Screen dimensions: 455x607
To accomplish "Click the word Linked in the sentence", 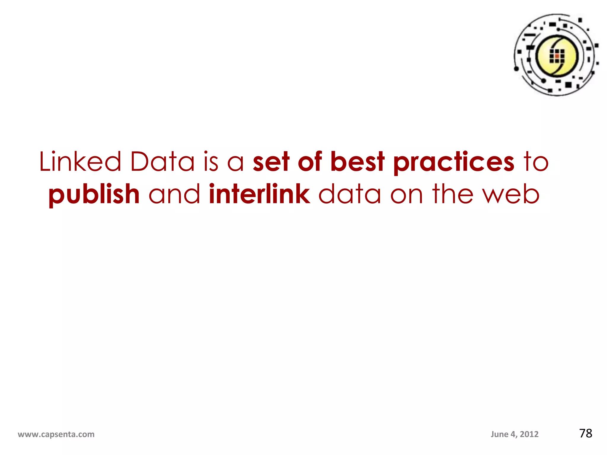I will pyautogui.click(x=80, y=162).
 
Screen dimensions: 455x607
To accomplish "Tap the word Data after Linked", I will pyautogui.click(x=162, y=162).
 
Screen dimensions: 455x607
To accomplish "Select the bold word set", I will pyautogui.click(x=271, y=162).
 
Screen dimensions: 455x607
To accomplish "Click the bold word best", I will pyautogui.click(x=357, y=162).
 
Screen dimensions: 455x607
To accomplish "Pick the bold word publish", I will pyautogui.click(x=94, y=195).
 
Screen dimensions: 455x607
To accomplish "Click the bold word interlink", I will pyautogui.click(x=259, y=194).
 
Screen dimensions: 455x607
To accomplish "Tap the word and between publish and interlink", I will pyautogui.click(x=174, y=194).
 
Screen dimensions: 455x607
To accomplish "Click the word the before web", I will pyautogui.click(x=452, y=194).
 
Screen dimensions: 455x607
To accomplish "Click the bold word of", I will pyautogui.click(x=310, y=162).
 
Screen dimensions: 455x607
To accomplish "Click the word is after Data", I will pyautogui.click(x=211, y=162).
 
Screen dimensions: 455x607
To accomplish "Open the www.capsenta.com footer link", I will pyautogui.click(x=56, y=434).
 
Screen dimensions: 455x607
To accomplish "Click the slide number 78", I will pyautogui.click(x=586, y=433).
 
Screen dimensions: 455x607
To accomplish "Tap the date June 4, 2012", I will pyautogui.click(x=515, y=434).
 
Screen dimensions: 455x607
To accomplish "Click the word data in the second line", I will pyautogui.click(x=350, y=194).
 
